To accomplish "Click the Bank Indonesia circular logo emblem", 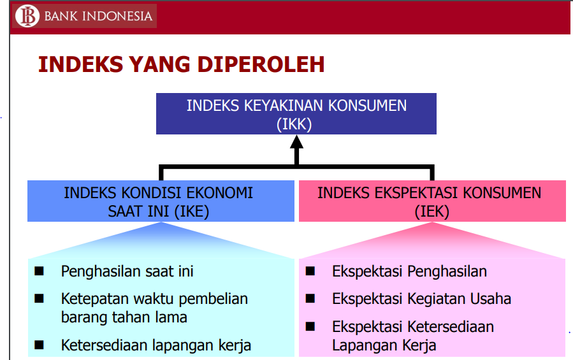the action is pos(27,16).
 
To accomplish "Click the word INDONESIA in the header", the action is pos(117,16).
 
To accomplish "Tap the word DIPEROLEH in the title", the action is pos(261,65).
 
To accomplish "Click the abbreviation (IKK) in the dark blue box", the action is pos(294,124).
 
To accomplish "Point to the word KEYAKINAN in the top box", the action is pos(284,106).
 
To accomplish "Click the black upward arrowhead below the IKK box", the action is pos(297,142).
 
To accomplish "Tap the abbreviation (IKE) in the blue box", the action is pos(191,212).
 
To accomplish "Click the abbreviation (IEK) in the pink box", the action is pos(432,212).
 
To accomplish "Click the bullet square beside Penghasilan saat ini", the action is pos(39,271).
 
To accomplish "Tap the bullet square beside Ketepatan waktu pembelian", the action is pos(39,299).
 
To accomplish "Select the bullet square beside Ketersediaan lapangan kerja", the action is pos(39,345).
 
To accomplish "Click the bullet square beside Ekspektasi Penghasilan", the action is pos(310,271).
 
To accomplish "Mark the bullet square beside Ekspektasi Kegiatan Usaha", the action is pos(310,299).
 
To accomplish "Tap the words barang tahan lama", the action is pos(124,317).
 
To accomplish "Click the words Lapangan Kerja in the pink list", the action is pos(384,345).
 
